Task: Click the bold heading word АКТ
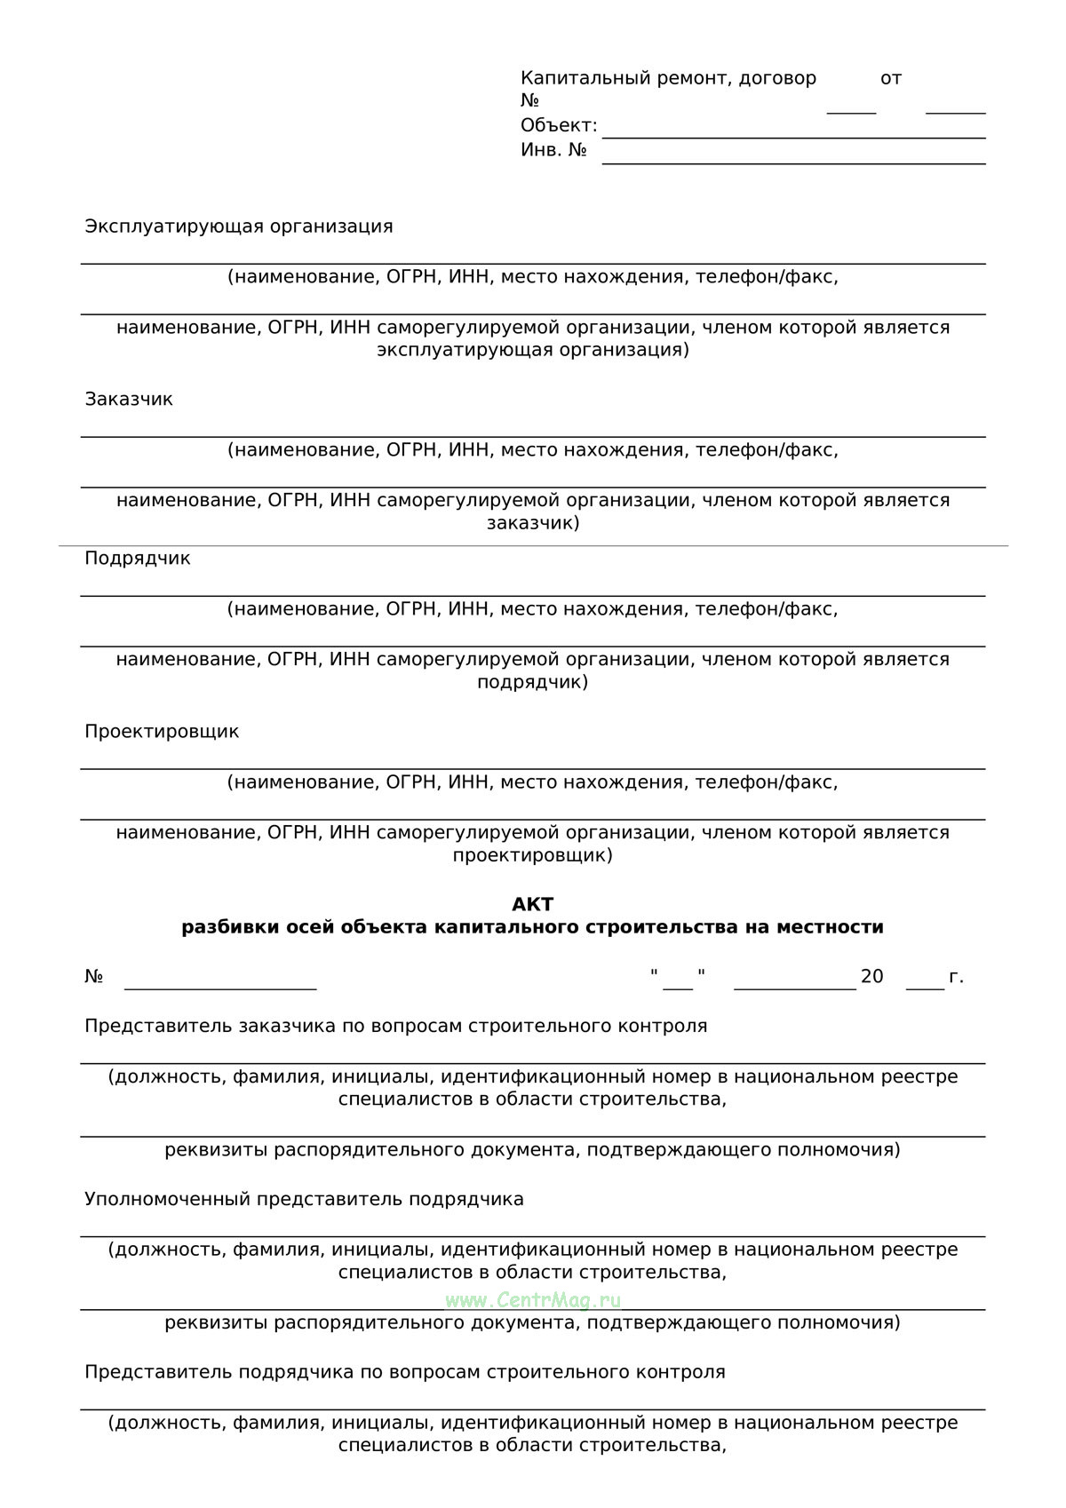(x=532, y=904)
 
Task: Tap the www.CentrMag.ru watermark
(x=533, y=1300)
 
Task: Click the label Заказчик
(x=129, y=399)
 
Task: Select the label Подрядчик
(x=138, y=558)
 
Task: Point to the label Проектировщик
(x=162, y=731)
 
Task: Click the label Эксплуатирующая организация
(x=239, y=226)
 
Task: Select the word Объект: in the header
(x=559, y=125)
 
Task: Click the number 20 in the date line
(x=871, y=977)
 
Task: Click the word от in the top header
(x=891, y=78)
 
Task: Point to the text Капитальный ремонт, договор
(x=668, y=78)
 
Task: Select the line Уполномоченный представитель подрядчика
(x=304, y=1199)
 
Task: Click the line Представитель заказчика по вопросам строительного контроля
(x=396, y=1026)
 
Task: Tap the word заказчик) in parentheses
(x=533, y=522)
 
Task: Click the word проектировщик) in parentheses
(x=533, y=855)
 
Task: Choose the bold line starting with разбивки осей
(x=533, y=927)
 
